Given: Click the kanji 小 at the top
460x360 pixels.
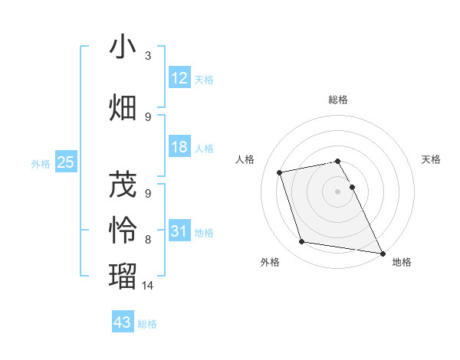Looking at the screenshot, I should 123,47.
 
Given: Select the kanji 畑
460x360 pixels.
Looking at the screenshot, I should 123,106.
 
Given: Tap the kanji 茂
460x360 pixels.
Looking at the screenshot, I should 123,185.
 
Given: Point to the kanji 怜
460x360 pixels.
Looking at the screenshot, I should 123,229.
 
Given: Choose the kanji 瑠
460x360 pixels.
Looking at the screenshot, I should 123,274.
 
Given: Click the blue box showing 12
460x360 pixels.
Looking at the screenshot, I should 179,77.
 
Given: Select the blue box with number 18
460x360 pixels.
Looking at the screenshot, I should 179,147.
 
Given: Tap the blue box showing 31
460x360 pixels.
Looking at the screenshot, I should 179,231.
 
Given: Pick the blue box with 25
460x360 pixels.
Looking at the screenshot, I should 65,162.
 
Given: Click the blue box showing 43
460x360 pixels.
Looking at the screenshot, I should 123,322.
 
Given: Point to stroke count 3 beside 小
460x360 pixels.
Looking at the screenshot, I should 148,56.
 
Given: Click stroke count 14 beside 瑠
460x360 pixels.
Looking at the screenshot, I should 148,285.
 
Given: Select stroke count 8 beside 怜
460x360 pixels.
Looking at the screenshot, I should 148,239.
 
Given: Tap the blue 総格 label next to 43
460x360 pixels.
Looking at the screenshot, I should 147,324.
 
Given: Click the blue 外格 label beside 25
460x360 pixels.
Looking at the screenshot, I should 41,163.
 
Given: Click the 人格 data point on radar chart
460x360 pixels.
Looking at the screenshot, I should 280,172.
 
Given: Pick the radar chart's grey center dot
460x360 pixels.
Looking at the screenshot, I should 337,191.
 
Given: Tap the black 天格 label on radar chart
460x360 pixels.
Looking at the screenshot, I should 432,159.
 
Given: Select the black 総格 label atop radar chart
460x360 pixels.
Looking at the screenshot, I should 337,100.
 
